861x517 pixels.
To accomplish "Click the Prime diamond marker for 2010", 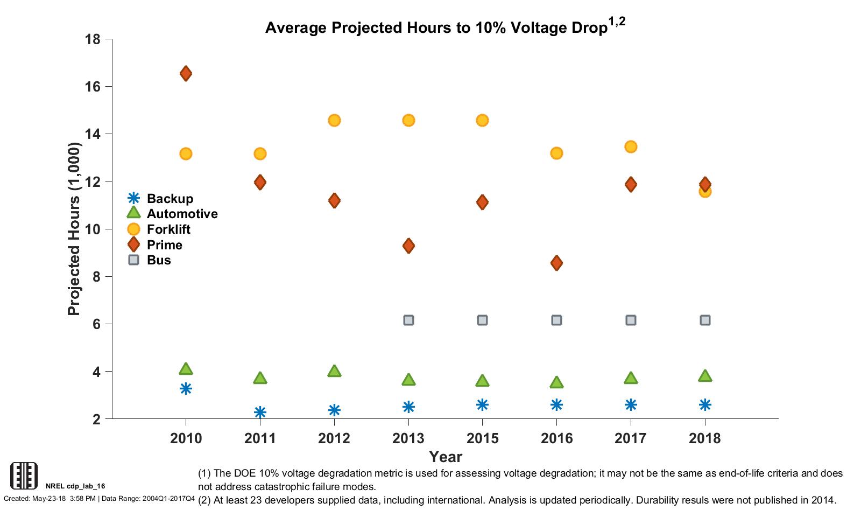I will click(x=186, y=73).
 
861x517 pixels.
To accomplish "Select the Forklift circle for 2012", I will click(x=334, y=120).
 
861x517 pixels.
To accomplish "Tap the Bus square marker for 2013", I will click(x=408, y=320).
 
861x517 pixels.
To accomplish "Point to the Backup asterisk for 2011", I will click(x=260, y=412).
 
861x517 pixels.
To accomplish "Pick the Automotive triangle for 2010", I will click(x=186, y=369).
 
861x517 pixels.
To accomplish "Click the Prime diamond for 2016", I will click(x=556, y=263).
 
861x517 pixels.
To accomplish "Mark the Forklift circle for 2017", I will click(x=631, y=146).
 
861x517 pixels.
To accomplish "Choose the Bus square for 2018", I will click(x=705, y=320).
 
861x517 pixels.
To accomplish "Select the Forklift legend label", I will click(x=168, y=229).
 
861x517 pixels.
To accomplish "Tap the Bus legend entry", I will click(x=159, y=260).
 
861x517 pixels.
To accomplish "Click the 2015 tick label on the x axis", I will click(x=482, y=438).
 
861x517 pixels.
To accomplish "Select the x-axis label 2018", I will click(x=705, y=438).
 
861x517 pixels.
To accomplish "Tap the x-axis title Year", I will click(x=445, y=457).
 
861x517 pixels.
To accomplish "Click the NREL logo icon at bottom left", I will click(x=24, y=475).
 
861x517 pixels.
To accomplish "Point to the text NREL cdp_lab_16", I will click(x=75, y=486).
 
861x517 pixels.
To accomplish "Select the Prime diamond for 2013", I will click(x=408, y=246).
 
